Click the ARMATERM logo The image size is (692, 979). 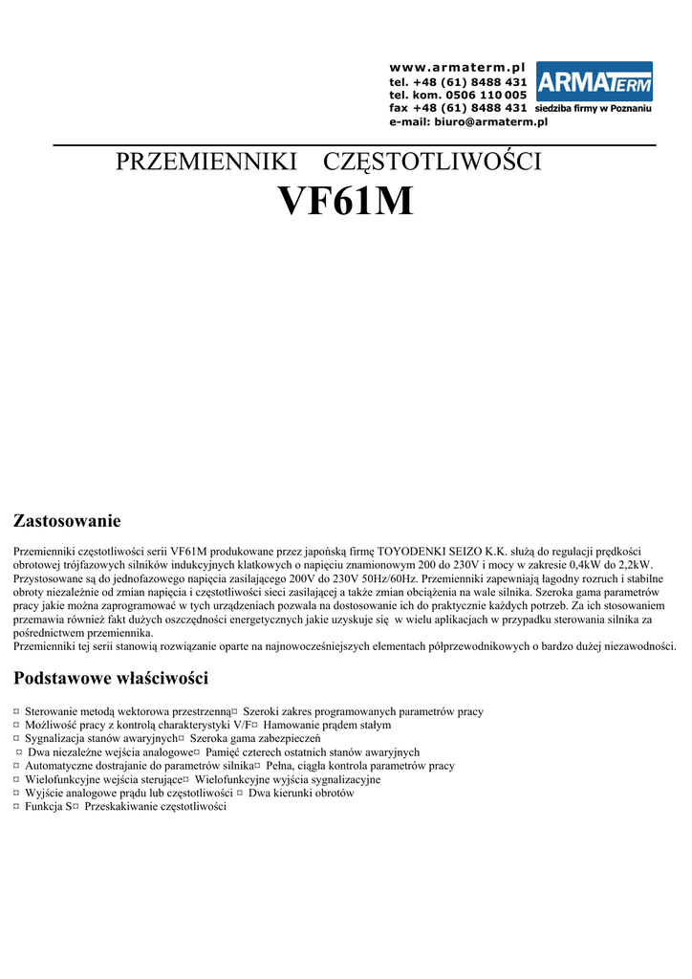tap(594, 82)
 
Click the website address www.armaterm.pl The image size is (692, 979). tap(458, 68)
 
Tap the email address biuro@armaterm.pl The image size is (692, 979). tap(467, 122)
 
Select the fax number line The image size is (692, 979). tap(458, 108)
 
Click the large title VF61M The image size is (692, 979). tap(345, 202)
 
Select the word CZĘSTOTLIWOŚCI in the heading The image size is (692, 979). tap(433, 162)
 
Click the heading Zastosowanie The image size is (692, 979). tap(66, 521)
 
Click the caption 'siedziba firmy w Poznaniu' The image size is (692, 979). tap(594, 109)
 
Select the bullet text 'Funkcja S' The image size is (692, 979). tap(45, 806)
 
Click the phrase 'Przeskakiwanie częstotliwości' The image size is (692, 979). tap(155, 806)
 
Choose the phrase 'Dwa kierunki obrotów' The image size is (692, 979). tap(301, 793)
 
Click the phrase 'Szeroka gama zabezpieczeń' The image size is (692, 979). tap(255, 738)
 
